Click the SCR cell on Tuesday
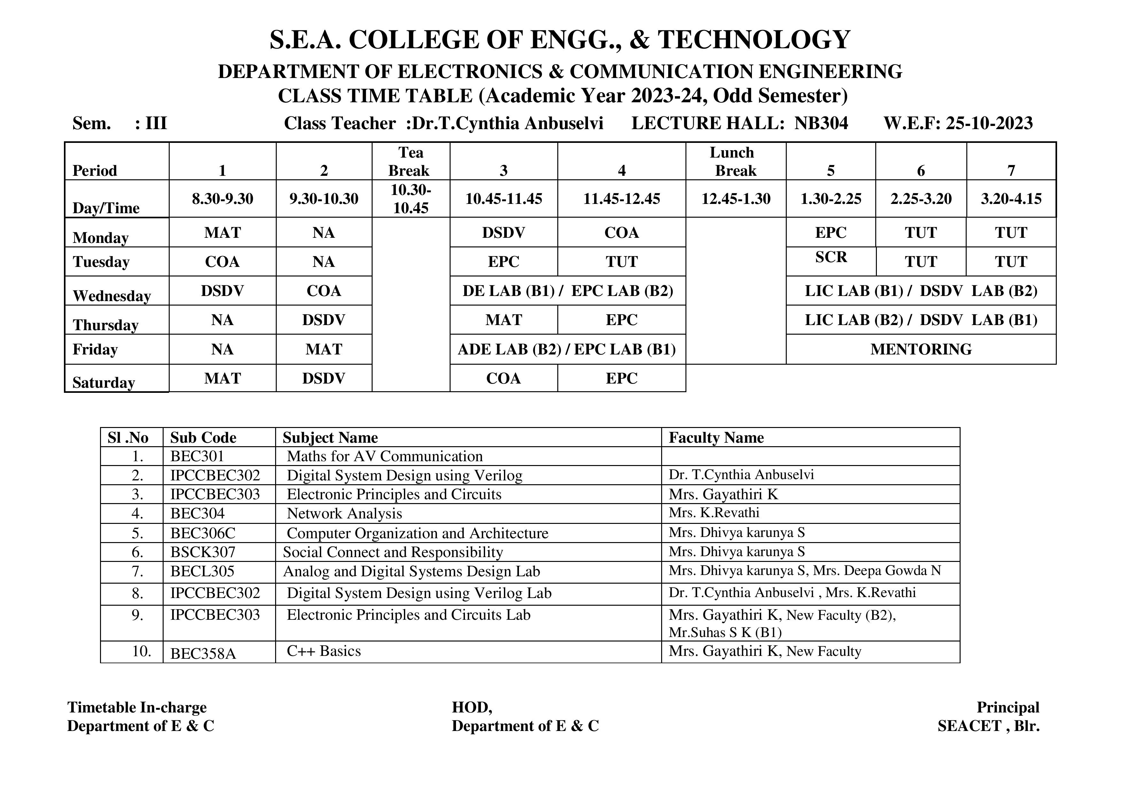[x=831, y=257]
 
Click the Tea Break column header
[x=410, y=162]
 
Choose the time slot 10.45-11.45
[x=503, y=199]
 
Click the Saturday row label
[x=104, y=382]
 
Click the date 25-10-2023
[x=989, y=123]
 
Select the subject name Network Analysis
[x=344, y=514]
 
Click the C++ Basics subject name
[x=324, y=651]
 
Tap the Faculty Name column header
[x=716, y=438]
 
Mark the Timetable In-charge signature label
[x=137, y=707]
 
